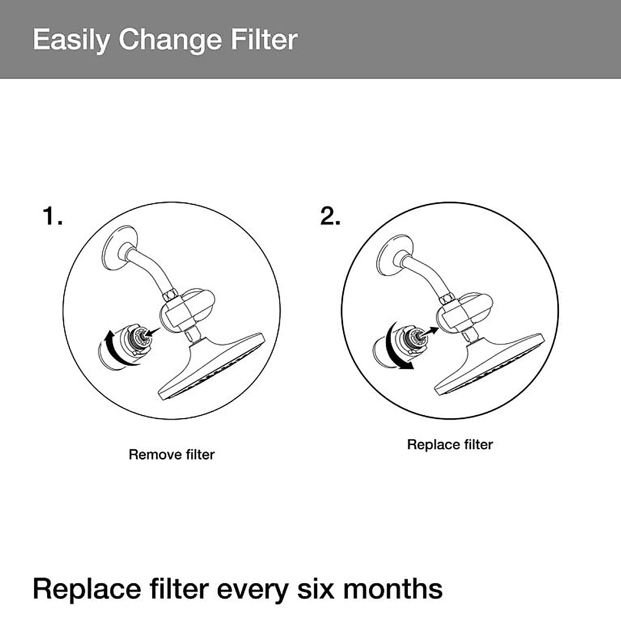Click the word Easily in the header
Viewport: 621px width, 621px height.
[x=71, y=40]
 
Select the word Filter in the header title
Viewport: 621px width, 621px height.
[x=264, y=40]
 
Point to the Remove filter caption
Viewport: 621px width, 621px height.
[x=171, y=455]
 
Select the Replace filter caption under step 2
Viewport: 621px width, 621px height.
[x=450, y=445]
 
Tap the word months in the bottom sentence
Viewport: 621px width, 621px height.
[x=393, y=589]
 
